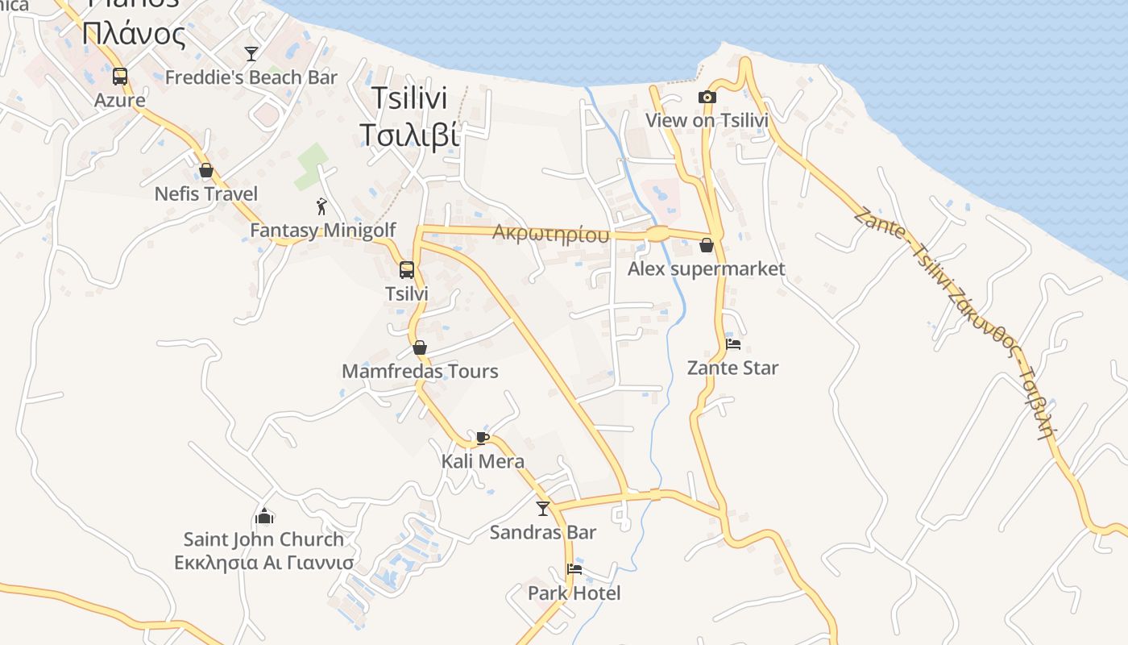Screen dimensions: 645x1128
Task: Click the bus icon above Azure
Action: [120, 77]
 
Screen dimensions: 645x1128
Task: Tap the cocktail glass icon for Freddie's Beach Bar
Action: [251, 54]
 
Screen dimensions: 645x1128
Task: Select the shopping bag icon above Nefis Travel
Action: [206, 170]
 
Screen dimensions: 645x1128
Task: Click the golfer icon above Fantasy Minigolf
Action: [322, 206]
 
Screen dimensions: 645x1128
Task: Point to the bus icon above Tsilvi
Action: [407, 270]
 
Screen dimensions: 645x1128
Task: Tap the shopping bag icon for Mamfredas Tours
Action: [419, 347]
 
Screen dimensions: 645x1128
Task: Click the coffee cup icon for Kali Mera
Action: [482, 438]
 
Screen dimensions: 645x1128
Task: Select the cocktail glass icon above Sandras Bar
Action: [543, 508]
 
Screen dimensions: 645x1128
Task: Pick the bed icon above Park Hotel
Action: [574, 569]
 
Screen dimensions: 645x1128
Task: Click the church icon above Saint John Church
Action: [264, 515]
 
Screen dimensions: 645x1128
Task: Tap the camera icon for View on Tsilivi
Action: [707, 97]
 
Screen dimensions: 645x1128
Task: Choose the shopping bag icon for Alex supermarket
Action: [707, 245]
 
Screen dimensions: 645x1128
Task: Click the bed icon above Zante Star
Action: [732, 344]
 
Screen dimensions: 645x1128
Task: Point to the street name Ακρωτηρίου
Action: [550, 234]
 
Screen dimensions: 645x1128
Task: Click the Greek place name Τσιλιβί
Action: [409, 135]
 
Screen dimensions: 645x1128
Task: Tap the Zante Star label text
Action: [732, 368]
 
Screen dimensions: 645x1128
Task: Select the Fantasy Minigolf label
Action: [322, 231]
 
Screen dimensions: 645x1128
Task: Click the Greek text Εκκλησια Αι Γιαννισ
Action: [264, 563]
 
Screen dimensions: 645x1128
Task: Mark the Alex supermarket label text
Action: [706, 268]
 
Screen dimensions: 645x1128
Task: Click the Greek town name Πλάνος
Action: [134, 34]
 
